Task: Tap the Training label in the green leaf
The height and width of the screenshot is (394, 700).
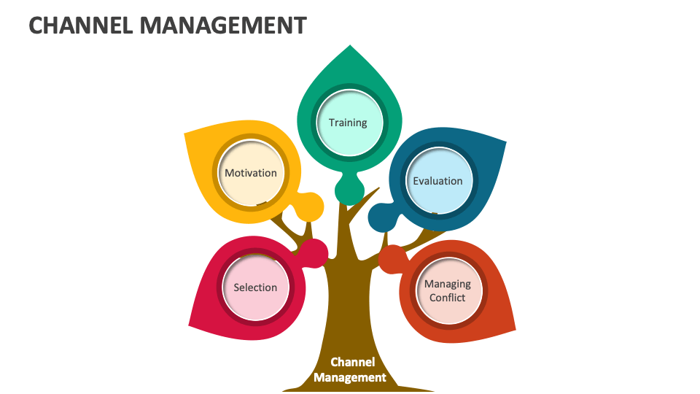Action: (348, 123)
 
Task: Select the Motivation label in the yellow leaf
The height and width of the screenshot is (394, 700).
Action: (251, 173)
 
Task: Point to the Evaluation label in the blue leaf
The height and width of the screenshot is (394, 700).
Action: (437, 180)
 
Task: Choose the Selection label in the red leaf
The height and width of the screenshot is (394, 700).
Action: (255, 287)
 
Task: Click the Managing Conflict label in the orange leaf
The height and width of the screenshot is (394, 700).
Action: (448, 290)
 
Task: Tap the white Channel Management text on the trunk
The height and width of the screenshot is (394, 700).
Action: (350, 370)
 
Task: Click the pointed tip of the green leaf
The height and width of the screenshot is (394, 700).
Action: (350, 47)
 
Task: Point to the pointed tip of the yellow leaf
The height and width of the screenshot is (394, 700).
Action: (187, 134)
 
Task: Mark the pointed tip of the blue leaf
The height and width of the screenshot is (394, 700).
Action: (505, 140)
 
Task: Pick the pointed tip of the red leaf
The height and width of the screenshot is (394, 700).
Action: (190, 325)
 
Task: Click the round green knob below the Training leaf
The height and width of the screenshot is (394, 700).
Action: (349, 191)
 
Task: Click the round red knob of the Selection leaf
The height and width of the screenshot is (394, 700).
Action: (314, 252)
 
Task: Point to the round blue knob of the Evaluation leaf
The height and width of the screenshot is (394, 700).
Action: (381, 217)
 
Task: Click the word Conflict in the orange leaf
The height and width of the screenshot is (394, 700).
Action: (448, 298)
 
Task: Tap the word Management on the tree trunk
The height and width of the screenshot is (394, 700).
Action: (350, 377)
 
